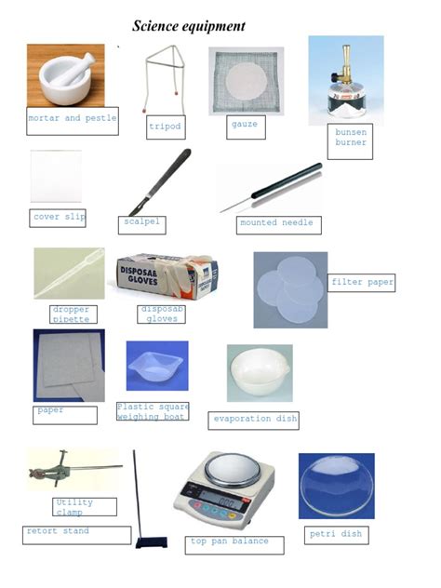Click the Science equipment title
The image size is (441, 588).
(188, 26)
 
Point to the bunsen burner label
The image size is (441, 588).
(351, 138)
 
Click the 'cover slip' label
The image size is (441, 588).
(59, 218)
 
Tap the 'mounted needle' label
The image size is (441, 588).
(276, 223)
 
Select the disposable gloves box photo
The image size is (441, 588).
(167, 276)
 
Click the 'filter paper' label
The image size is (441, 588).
(362, 282)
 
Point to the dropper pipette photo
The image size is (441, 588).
(69, 273)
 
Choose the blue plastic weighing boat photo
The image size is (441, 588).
(156, 366)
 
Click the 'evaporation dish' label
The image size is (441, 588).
(255, 420)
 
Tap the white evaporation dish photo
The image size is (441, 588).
(260, 371)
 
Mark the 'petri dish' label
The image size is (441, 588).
(334, 535)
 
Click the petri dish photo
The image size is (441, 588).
(336, 485)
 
